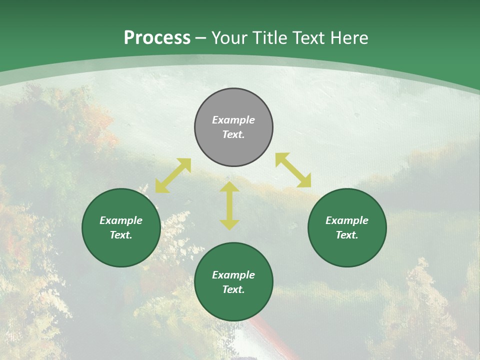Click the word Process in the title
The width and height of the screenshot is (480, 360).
coord(157,38)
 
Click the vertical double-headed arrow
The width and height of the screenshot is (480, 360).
coord(229,205)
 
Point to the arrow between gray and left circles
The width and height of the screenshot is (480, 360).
coord(173,175)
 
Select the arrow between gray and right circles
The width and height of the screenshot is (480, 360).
coord(293,170)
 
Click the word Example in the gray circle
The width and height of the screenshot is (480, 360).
coord(233,120)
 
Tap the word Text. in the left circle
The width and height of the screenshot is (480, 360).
coord(121,235)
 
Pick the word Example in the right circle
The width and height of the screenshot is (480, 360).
coord(347,220)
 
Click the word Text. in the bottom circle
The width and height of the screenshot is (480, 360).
coord(233,289)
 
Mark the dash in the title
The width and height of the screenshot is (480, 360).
coord(201,38)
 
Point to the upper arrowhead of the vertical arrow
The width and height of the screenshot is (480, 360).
coord(229,187)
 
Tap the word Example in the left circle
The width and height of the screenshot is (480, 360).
coord(121,220)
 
